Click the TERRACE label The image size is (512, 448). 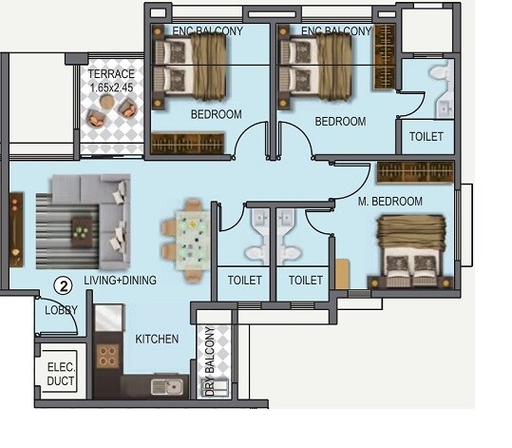coord(110,74)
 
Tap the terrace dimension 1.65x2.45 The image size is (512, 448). coord(110,88)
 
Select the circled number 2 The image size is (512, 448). coord(63,283)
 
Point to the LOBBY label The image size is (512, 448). coord(61,310)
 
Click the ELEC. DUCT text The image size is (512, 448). coord(63,373)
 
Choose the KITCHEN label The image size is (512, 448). coord(157,339)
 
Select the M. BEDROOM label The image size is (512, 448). coord(389,201)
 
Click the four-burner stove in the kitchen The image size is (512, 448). coord(108,357)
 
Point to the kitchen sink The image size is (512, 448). coord(171,386)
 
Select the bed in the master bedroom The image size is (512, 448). coord(412,252)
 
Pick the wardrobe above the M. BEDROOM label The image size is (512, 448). coord(416,172)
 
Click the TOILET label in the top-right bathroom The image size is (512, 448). coord(426,137)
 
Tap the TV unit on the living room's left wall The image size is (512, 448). coord(16,228)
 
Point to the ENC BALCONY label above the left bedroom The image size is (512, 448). coord(207,30)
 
